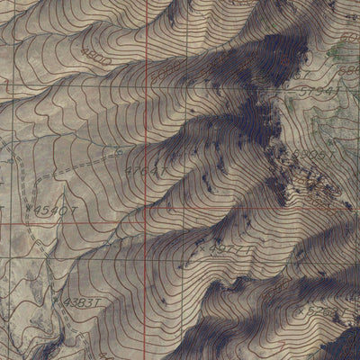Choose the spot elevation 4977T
pos(225,249)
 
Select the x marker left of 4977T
pos(206,251)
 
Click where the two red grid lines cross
pos(147,220)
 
